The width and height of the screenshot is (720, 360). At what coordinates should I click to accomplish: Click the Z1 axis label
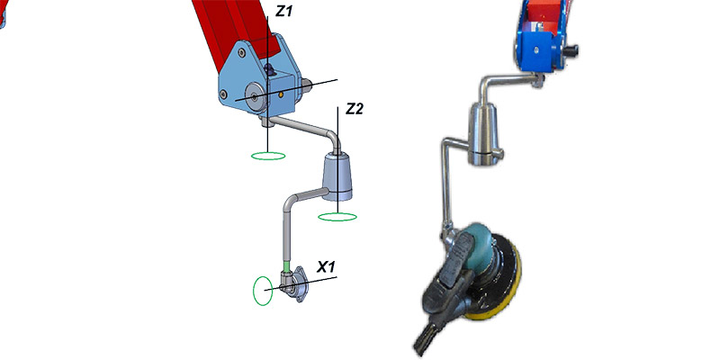coord(283,12)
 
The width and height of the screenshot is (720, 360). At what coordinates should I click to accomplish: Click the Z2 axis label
coord(354,109)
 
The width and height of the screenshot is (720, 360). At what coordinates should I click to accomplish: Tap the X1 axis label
coord(326,266)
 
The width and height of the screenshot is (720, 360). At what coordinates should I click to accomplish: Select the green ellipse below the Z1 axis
coord(268,156)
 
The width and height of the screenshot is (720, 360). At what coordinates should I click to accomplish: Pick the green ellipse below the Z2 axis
coord(337,217)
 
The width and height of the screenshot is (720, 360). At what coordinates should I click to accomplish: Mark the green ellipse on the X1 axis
coord(263,290)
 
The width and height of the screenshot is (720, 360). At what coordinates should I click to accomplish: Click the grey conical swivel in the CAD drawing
coord(337,176)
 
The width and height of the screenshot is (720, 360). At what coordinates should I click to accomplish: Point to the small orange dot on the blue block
coord(281,94)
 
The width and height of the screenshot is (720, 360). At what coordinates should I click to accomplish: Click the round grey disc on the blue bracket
coord(254,97)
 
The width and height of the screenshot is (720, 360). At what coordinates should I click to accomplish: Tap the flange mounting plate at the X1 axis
coord(300,284)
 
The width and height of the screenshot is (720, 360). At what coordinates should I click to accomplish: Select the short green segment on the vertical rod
coord(287,265)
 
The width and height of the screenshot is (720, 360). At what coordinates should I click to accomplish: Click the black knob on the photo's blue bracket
coord(571,49)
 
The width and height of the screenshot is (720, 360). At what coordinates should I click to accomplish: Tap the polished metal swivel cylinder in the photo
coord(481,132)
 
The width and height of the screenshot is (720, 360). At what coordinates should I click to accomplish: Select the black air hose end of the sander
coord(423,337)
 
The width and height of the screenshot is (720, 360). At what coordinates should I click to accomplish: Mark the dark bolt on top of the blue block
coord(270,70)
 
